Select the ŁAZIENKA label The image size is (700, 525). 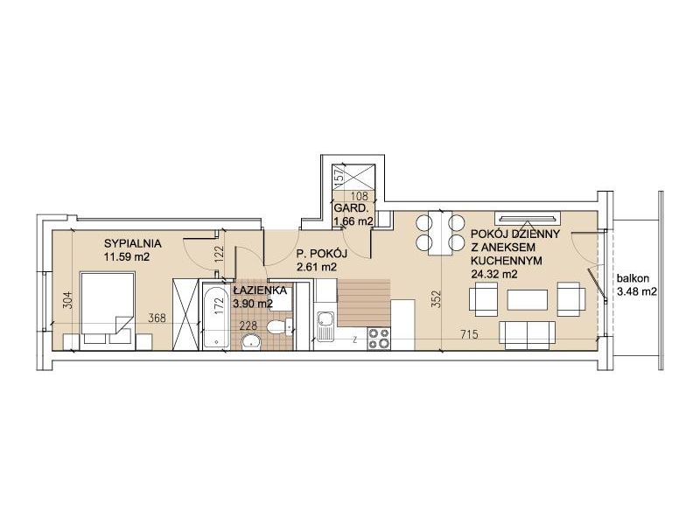point(259,290)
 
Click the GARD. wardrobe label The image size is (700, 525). point(351,208)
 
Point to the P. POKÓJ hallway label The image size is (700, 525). point(322,254)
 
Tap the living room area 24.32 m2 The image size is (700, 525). point(494,274)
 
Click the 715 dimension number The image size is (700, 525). point(469,333)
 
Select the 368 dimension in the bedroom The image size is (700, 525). point(157,318)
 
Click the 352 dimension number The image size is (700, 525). point(436,300)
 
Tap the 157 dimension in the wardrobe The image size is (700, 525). point(339,173)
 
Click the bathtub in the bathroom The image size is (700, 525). point(216,315)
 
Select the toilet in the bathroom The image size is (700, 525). point(280,326)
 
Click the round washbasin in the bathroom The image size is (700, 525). point(253,342)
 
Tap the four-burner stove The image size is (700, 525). point(379,338)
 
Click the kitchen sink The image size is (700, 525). point(325,325)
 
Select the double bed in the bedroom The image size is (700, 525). point(107,309)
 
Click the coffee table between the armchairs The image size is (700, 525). point(528,300)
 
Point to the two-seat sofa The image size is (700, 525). point(528,335)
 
